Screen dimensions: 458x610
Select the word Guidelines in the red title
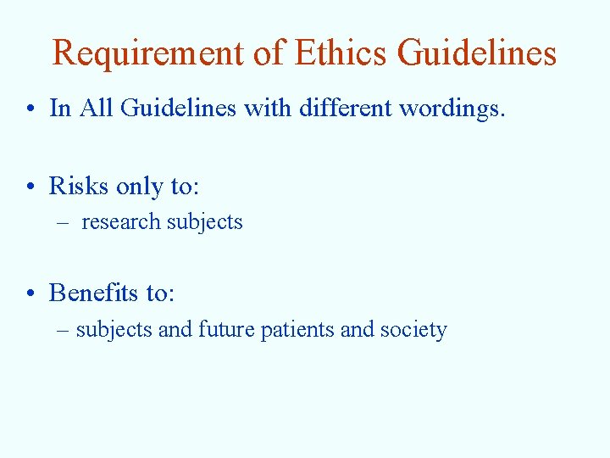[477, 53]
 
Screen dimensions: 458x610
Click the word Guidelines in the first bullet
[178, 109]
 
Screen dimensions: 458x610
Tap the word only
[141, 187]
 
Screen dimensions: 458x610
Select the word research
[120, 222]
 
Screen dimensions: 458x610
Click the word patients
[297, 330]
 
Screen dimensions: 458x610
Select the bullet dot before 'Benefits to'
[30, 294]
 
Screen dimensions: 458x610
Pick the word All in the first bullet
[99, 109]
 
